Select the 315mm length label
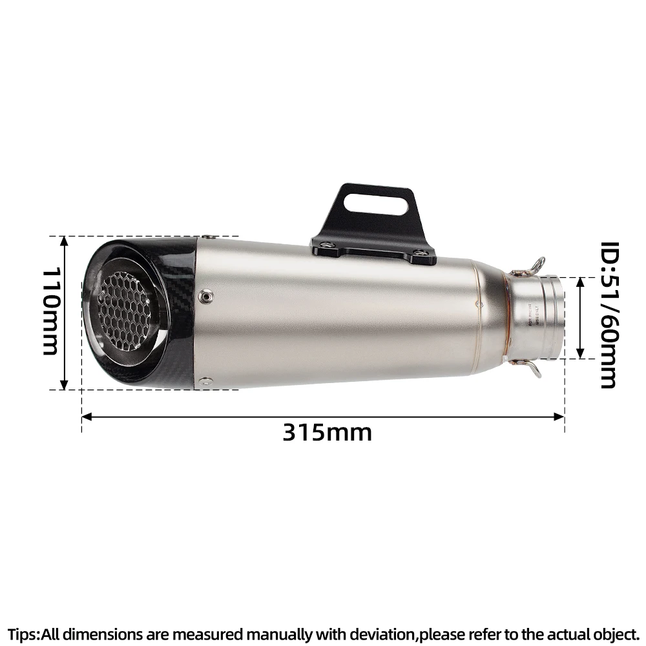[x=327, y=432]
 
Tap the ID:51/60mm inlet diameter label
[x=609, y=315]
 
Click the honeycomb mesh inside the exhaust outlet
[x=129, y=310]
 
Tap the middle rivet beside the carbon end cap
[x=206, y=295]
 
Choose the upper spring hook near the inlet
[x=534, y=265]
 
